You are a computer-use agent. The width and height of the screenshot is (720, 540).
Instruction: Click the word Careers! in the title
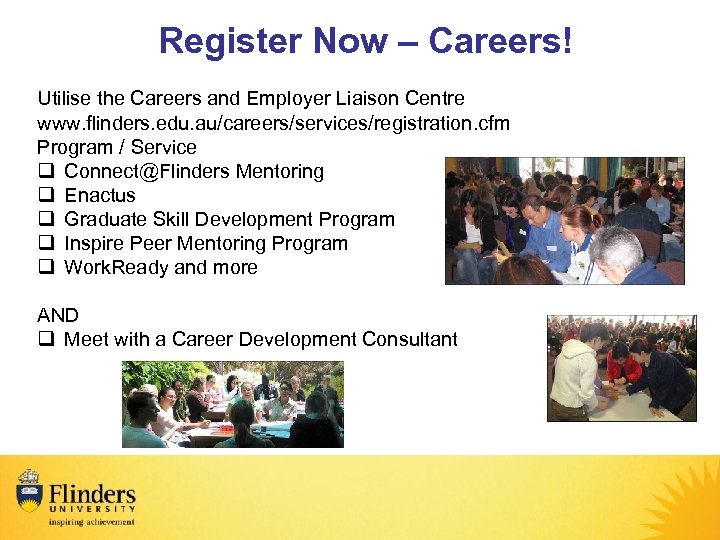(500, 42)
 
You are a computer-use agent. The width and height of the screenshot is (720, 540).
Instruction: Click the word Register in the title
(229, 42)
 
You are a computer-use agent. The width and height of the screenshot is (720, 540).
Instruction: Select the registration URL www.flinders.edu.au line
(273, 123)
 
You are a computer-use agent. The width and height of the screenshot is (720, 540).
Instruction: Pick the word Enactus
(99, 195)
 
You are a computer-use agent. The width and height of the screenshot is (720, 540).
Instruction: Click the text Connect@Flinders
(147, 171)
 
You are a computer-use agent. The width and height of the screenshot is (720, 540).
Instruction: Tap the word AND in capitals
(58, 315)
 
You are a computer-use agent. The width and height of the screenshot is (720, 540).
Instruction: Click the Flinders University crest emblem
(29, 491)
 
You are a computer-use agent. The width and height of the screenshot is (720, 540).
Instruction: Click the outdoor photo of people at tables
(232, 404)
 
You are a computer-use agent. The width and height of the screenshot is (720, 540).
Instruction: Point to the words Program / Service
(117, 147)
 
